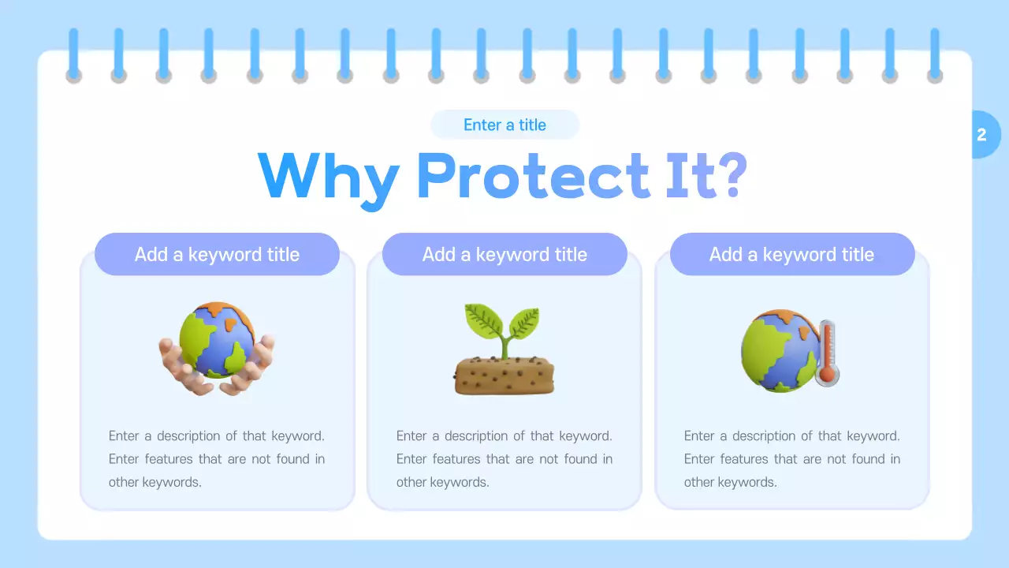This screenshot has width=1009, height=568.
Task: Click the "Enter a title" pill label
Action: [504, 125]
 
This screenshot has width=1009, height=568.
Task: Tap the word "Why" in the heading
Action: [328, 177]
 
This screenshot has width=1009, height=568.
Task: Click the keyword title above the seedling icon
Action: [504, 254]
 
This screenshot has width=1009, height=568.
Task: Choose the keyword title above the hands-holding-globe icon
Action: [217, 254]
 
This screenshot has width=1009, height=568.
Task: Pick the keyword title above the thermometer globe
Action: [791, 254]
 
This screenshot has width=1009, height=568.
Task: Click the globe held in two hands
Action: [217, 339]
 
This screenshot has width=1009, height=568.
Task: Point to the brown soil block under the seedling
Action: [504, 376]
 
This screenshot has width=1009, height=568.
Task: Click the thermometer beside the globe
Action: [827, 351]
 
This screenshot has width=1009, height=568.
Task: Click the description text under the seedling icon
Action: [504, 458]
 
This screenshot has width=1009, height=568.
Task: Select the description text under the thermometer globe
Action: [791, 458]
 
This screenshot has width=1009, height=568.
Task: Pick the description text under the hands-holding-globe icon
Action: [217, 458]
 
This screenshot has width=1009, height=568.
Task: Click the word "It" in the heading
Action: [680, 175]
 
